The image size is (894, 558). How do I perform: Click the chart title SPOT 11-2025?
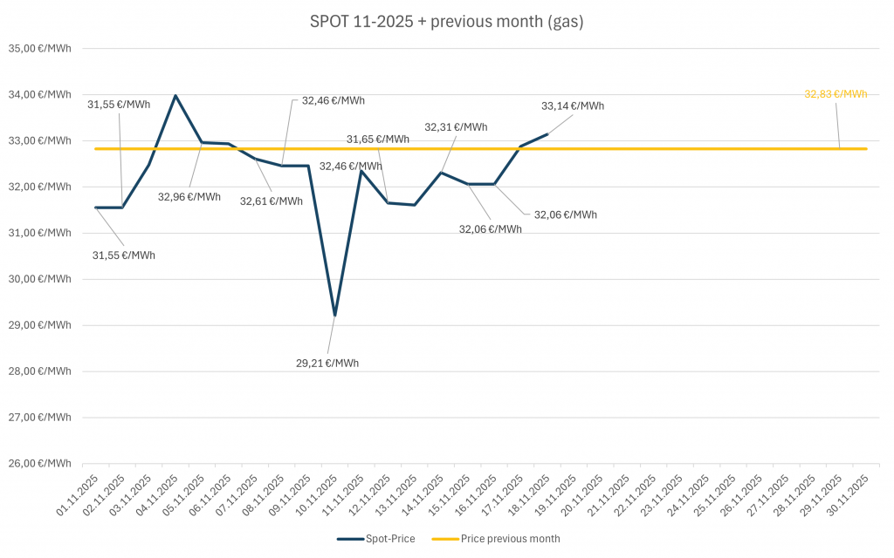(x=446, y=22)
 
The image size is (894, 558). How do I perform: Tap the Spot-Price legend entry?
(x=375, y=539)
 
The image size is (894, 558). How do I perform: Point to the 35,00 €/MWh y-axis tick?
(x=40, y=49)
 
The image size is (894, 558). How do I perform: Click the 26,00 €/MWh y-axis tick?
(x=40, y=464)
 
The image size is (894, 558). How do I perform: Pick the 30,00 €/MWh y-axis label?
(x=40, y=279)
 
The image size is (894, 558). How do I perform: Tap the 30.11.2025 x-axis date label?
(x=852, y=497)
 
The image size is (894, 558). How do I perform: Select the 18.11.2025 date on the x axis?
(x=531, y=497)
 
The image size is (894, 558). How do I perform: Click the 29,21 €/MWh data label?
(x=327, y=363)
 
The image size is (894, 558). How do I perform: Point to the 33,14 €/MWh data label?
(x=572, y=106)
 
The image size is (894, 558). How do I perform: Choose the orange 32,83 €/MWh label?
(x=836, y=94)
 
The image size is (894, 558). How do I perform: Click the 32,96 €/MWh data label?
(x=189, y=196)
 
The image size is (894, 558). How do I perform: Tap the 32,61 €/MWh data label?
(x=272, y=201)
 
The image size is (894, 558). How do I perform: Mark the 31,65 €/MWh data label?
(x=377, y=139)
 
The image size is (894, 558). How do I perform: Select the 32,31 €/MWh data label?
(x=456, y=127)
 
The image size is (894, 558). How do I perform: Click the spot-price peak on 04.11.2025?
(x=175, y=95)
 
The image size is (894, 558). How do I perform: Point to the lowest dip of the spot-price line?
(x=334, y=316)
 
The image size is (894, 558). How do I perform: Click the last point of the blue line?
(x=547, y=134)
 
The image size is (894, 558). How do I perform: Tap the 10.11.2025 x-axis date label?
(x=317, y=497)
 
